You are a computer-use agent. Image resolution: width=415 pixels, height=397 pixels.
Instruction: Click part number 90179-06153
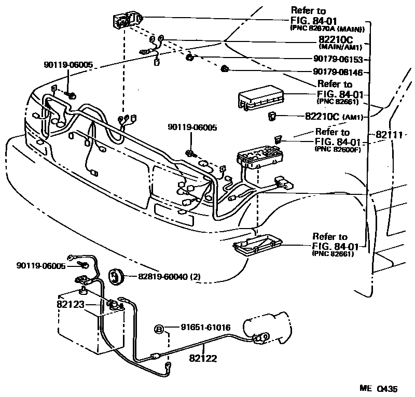point(339,60)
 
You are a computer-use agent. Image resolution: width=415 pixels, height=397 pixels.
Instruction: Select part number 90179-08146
point(338,72)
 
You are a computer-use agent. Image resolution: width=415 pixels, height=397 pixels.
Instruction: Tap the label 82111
point(389,135)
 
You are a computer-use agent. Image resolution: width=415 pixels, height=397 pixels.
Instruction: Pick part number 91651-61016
point(205,328)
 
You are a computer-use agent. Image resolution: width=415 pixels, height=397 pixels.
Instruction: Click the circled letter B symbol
point(160,329)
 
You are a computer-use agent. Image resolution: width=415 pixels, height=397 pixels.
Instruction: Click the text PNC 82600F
point(337,148)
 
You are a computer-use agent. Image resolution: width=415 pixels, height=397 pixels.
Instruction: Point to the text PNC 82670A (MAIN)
point(327,29)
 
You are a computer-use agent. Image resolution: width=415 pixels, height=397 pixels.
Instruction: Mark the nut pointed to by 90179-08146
point(225,68)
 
